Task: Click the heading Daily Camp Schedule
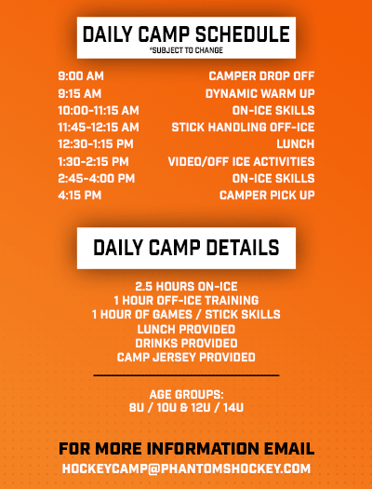coord(186,34)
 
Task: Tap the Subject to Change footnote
coord(186,50)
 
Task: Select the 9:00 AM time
coord(81,76)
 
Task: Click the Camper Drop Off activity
coord(261,76)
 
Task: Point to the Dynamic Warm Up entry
coord(259,93)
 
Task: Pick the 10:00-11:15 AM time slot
coord(99,111)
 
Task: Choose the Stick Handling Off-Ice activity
coord(243,128)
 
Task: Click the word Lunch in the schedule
coord(296,144)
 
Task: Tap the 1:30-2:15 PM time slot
coord(93,161)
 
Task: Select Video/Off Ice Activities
coord(241,161)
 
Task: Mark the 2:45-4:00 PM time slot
coord(97,179)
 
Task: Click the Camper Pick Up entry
coord(267,196)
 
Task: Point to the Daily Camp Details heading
coord(186,248)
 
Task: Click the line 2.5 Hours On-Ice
coord(186,286)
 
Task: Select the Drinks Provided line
coord(186,343)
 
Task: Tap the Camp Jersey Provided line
coord(186,357)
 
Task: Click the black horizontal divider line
coord(186,375)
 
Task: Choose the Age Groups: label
coord(186,395)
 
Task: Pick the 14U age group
coord(233,408)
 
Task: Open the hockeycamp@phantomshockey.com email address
coord(186,469)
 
